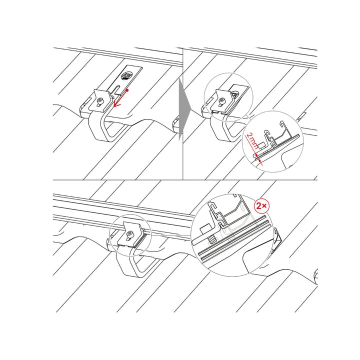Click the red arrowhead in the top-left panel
(116, 104)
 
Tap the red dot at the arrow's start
(127, 90)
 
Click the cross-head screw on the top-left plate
(126, 76)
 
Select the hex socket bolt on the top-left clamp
(100, 101)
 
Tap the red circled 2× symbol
(262, 206)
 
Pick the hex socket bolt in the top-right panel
(222, 100)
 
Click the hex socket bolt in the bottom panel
(129, 234)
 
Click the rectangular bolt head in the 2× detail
(204, 230)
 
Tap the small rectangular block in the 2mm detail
(261, 145)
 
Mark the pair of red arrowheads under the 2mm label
(258, 158)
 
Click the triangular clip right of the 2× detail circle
(277, 239)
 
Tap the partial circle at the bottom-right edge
(315, 276)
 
